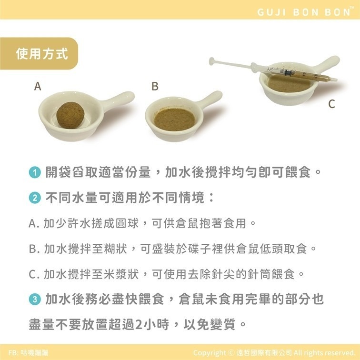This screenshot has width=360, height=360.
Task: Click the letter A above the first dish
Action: (38, 87)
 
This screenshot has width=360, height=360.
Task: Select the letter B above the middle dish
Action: (155, 87)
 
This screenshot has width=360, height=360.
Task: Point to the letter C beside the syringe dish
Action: (331, 105)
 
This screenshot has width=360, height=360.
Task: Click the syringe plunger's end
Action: (212, 60)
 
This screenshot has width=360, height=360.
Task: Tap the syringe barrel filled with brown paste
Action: (305, 75)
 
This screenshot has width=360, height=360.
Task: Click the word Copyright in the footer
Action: (210, 353)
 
